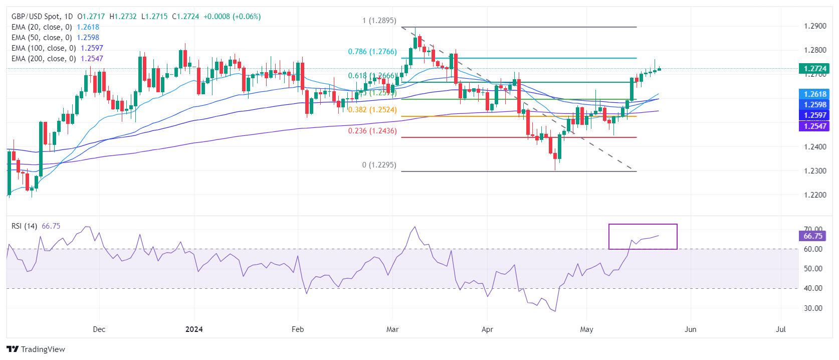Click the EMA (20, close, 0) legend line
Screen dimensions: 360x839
[55, 27]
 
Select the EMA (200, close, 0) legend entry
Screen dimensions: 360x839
[57, 59]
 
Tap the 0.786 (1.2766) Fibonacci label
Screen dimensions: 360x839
[372, 52]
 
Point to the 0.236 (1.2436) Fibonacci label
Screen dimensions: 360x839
[372, 131]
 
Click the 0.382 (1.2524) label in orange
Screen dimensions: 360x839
[372, 110]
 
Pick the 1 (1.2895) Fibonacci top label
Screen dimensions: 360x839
[379, 21]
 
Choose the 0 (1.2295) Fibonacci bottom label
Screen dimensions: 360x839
[379, 165]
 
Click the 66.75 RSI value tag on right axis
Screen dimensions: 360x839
[812, 236]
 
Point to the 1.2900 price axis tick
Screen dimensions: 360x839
[815, 26]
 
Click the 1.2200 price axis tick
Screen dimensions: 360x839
[815, 195]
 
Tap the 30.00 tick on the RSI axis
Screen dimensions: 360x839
[813, 308]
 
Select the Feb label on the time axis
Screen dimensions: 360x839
[298, 329]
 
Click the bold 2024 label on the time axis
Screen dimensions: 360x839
[194, 329]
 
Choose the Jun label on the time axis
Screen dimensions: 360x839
[690, 329]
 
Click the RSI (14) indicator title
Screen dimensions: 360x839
[24, 226]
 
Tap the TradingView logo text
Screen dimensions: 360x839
[43, 349]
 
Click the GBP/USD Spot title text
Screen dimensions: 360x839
[35, 17]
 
